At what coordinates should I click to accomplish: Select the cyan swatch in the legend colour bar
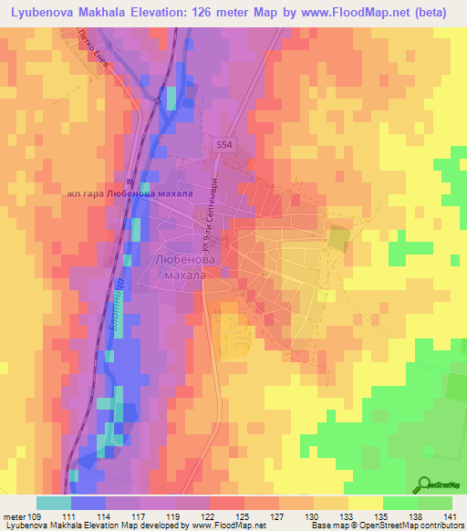pos(53,503)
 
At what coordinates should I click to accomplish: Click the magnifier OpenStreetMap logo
pos(426,484)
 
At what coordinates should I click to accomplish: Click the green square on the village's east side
pos(337,240)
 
